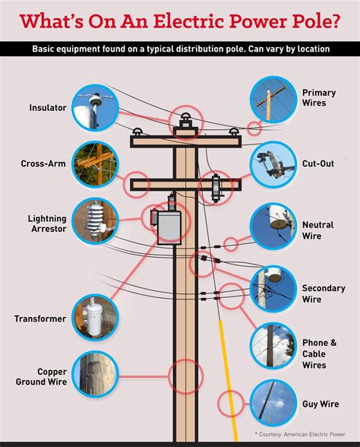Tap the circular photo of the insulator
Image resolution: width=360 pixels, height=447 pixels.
click(95, 108)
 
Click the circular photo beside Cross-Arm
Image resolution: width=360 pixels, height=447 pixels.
click(95, 163)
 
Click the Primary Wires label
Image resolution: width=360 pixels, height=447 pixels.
click(319, 98)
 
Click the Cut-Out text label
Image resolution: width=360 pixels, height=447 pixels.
click(318, 163)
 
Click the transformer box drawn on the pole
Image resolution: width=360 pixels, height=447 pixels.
click(169, 226)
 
